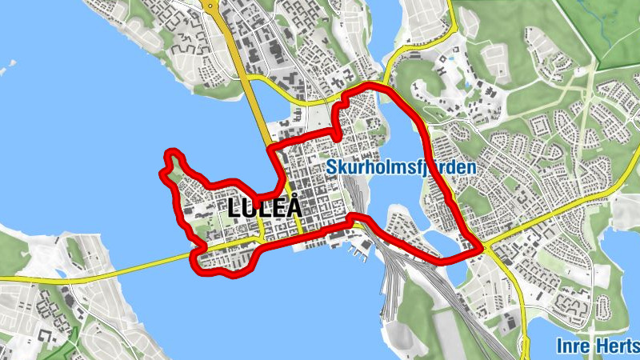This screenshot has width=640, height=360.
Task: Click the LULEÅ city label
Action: point(265,207)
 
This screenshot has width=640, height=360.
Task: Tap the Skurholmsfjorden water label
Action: point(402,168)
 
